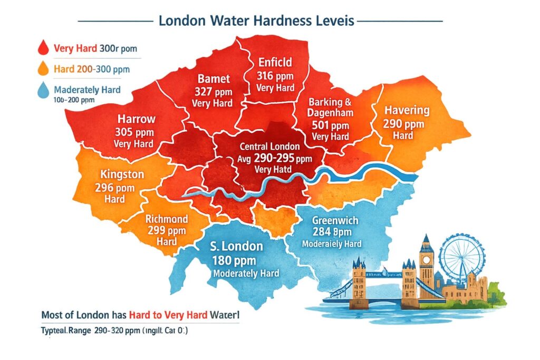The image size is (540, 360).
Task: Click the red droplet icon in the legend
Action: [43, 48]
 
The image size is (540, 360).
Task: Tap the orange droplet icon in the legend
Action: [43, 69]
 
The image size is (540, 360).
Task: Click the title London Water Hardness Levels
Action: [257, 22]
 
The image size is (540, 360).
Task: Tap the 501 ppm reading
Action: [331, 125]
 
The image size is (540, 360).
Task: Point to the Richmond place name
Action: [166, 218]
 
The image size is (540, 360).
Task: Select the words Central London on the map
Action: [269, 146]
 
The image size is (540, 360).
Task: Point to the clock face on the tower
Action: [426, 260]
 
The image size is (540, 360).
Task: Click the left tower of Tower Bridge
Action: [360, 279]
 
